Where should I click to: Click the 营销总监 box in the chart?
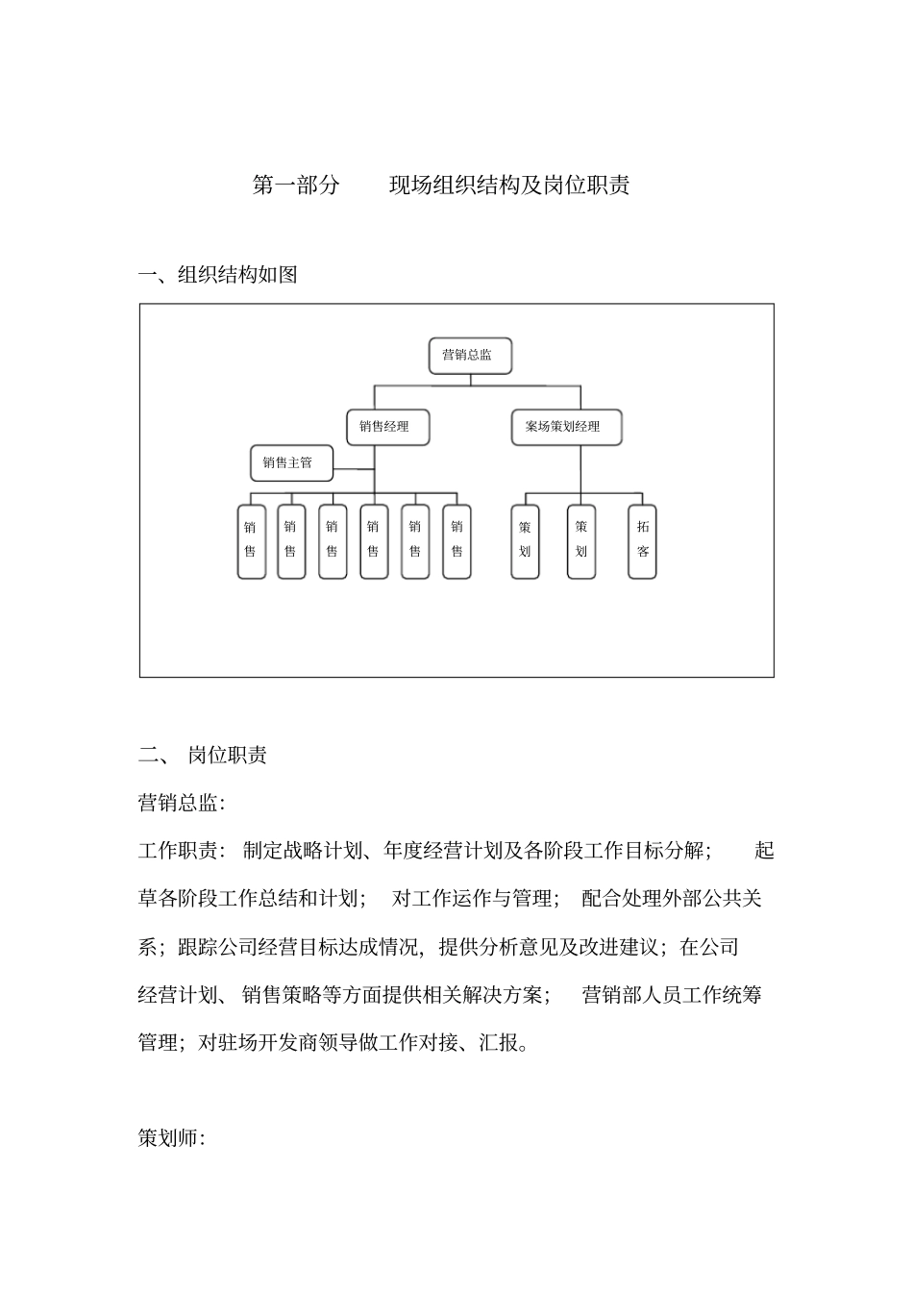469,356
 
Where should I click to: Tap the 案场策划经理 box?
565,427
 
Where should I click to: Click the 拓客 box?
642,541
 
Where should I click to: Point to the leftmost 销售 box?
251,541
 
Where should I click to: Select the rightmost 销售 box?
456,541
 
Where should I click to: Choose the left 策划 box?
525,541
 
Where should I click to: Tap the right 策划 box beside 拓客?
581,541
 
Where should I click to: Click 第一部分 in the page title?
296,186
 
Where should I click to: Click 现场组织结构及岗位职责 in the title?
509,186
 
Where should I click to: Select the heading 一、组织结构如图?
218,275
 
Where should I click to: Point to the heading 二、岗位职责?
203,755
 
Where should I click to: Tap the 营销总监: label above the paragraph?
182,803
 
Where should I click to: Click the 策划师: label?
172,1138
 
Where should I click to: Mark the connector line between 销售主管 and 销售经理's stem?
354,469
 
